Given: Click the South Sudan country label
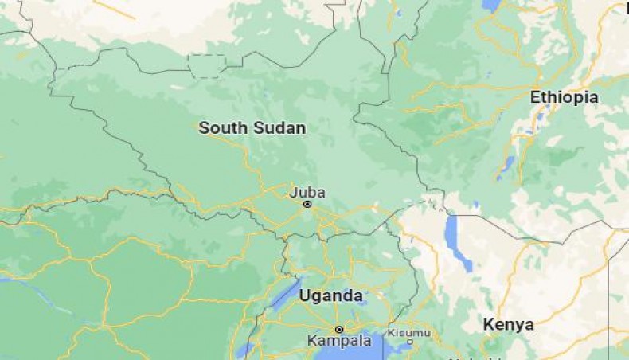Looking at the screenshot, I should tap(252, 127).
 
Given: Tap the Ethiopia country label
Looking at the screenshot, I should tap(565, 97).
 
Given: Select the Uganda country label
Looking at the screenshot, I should tap(330, 295).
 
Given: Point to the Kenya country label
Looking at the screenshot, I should tap(508, 324).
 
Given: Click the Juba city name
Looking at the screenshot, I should tap(307, 192).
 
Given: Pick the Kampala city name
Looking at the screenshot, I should tap(339, 341).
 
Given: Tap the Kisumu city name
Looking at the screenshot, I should tap(408, 332).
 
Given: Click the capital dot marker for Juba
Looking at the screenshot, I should tap(307, 205).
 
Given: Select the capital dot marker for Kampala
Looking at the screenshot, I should tap(339, 329).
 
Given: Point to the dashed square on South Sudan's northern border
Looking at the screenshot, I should tap(207, 65).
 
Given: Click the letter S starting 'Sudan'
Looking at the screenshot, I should tap(258, 127).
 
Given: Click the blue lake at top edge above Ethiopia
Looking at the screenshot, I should tap(491, 5).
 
